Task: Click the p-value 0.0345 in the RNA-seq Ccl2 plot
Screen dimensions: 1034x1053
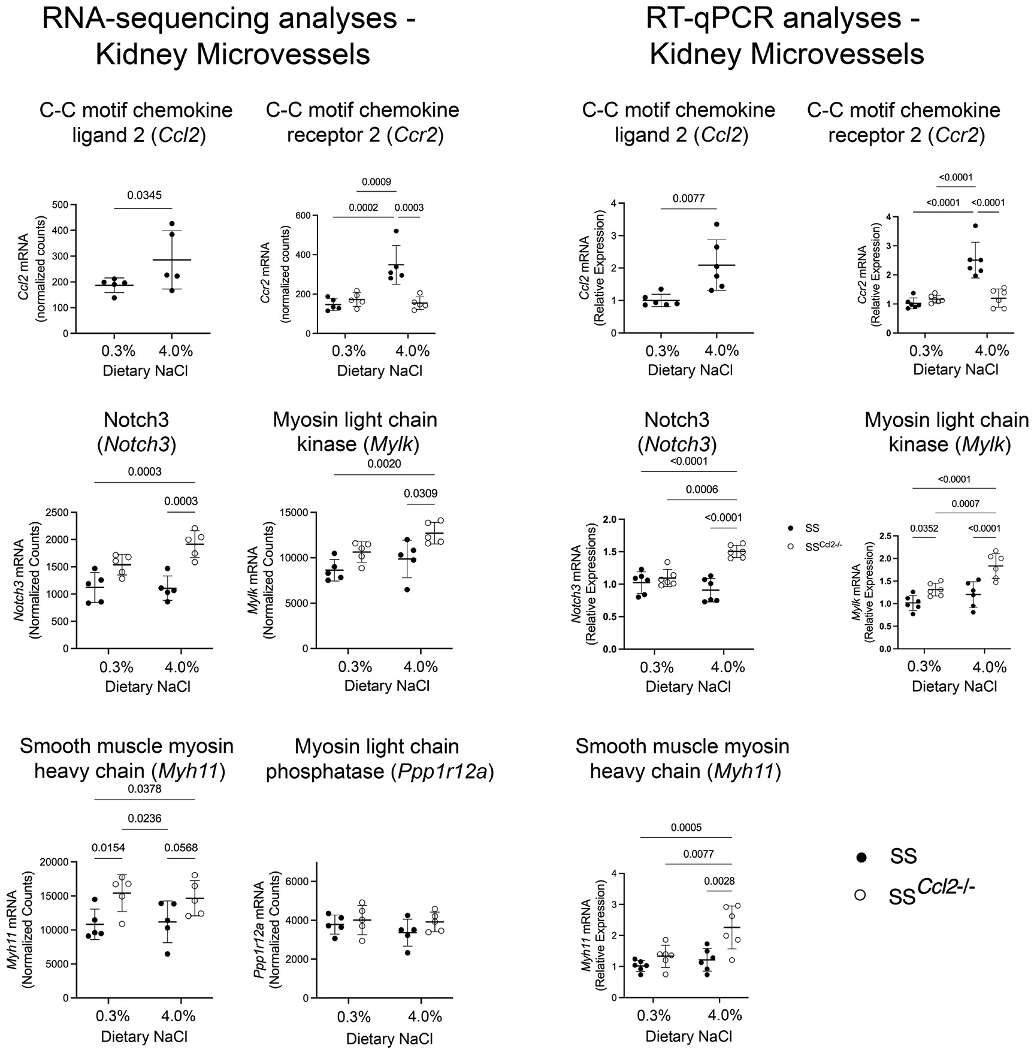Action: [x=144, y=195]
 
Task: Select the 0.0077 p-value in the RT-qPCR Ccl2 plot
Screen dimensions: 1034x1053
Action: [x=689, y=198]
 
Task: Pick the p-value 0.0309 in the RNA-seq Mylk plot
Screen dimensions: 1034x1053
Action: [x=421, y=494]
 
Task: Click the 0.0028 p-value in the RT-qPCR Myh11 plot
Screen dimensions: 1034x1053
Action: [x=719, y=881]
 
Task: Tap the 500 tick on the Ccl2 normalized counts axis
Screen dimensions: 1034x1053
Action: [x=59, y=205]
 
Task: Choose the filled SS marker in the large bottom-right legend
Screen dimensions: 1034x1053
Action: [x=862, y=858]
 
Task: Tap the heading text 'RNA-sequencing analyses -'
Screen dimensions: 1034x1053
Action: [x=228, y=20]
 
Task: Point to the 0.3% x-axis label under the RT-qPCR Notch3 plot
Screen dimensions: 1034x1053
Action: [x=657, y=667]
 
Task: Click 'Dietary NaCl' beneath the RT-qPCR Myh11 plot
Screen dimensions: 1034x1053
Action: [x=689, y=1036]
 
